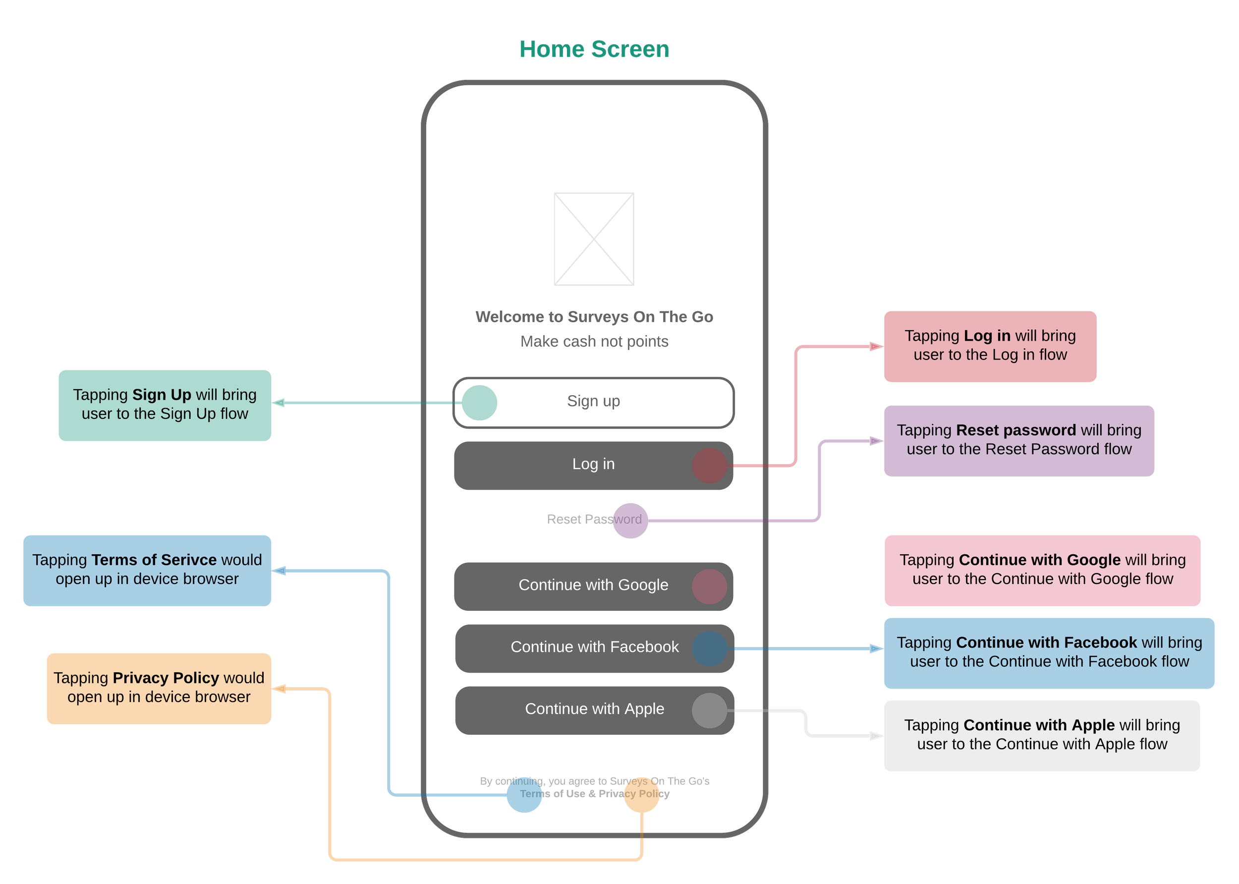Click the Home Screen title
coord(594,51)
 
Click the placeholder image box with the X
coord(594,239)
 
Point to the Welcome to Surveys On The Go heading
coord(594,317)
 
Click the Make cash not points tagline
coord(594,341)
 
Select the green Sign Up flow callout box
coord(165,405)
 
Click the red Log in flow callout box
coord(990,346)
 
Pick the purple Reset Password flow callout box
coord(1018,440)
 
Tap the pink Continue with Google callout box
coord(1042,570)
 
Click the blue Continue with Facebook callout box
coord(1049,652)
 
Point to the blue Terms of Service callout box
coord(147,570)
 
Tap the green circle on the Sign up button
coord(479,403)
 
